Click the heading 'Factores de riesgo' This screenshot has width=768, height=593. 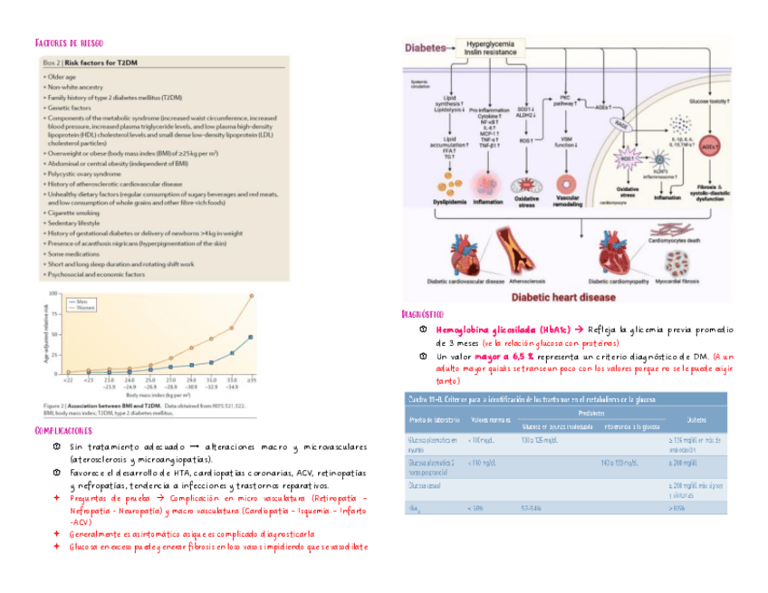pyautogui.click(x=69, y=43)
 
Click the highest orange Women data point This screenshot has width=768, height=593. pyautogui.click(x=251, y=294)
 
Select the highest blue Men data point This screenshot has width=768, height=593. pyautogui.click(x=251, y=337)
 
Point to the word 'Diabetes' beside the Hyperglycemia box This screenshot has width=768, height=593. pyautogui.click(x=427, y=48)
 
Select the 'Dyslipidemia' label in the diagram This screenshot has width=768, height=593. pyautogui.click(x=451, y=201)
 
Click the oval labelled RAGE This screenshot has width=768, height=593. pyautogui.click(x=620, y=124)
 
